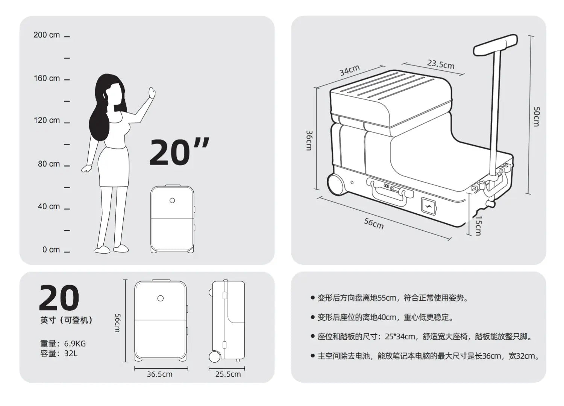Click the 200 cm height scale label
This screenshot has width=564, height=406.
(47, 35)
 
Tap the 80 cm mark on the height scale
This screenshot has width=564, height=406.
(49, 164)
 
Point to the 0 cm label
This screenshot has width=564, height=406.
(51, 250)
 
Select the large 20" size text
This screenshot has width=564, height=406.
(179, 152)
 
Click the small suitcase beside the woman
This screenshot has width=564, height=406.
(173, 219)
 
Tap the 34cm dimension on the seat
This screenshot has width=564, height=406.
(350, 70)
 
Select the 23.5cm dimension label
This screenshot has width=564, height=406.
(441, 64)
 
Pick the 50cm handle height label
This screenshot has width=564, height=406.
(537, 116)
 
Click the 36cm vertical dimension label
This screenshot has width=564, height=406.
(309, 140)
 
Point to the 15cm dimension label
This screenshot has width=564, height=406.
(478, 225)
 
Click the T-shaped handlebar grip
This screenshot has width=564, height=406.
(496, 45)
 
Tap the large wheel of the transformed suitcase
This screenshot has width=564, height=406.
(335, 184)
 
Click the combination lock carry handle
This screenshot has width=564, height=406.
(390, 192)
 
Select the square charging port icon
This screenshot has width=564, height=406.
(428, 206)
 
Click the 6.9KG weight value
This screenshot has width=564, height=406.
(75, 344)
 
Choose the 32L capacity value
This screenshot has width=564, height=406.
(71, 353)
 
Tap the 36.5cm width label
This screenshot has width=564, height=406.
(160, 374)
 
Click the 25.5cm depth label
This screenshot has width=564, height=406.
(228, 374)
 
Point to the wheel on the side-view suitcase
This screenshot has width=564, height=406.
(215, 356)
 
